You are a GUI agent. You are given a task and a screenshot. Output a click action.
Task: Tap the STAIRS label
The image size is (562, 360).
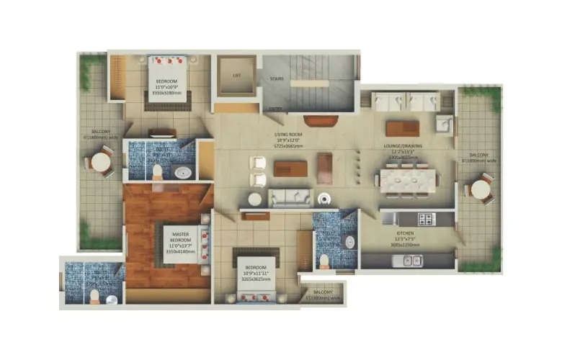click(275, 78)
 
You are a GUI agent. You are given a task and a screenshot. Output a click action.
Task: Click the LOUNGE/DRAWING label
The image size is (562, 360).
click(407, 148)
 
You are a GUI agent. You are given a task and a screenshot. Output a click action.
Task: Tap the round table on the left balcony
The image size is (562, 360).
click(101, 163)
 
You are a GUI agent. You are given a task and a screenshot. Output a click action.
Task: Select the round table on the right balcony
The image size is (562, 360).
click(481, 189)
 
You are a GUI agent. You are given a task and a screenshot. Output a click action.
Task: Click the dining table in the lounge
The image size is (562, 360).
click(408, 180)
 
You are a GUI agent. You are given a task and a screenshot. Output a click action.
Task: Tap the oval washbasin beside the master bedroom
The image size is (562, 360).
click(183, 172)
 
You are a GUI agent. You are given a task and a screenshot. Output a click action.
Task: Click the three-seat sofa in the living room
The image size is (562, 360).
click(290, 198)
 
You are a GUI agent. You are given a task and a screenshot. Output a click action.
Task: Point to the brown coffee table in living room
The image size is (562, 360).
click(290, 168)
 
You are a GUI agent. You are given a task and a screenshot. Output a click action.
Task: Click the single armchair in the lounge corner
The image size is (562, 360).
click(444, 125)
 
